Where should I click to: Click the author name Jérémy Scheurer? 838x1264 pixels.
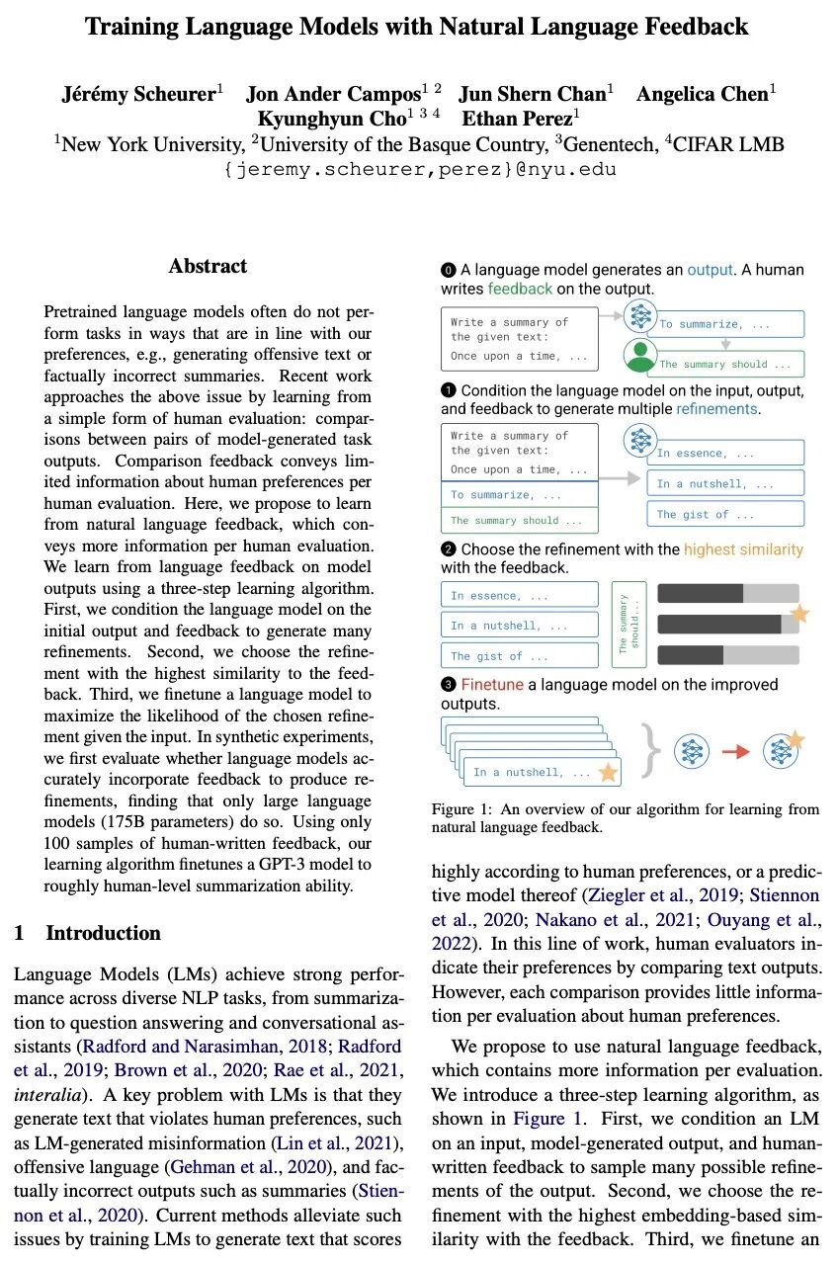click(137, 94)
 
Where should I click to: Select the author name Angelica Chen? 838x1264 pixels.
click(703, 94)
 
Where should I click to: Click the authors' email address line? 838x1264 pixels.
click(420, 169)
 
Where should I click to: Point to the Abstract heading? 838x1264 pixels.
click(208, 266)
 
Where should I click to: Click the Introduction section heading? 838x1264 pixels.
click(103, 933)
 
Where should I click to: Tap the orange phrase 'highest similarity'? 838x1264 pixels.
click(743, 549)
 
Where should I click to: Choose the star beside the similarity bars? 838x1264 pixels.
click(799, 614)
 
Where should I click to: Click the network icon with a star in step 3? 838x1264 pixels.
click(783, 750)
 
